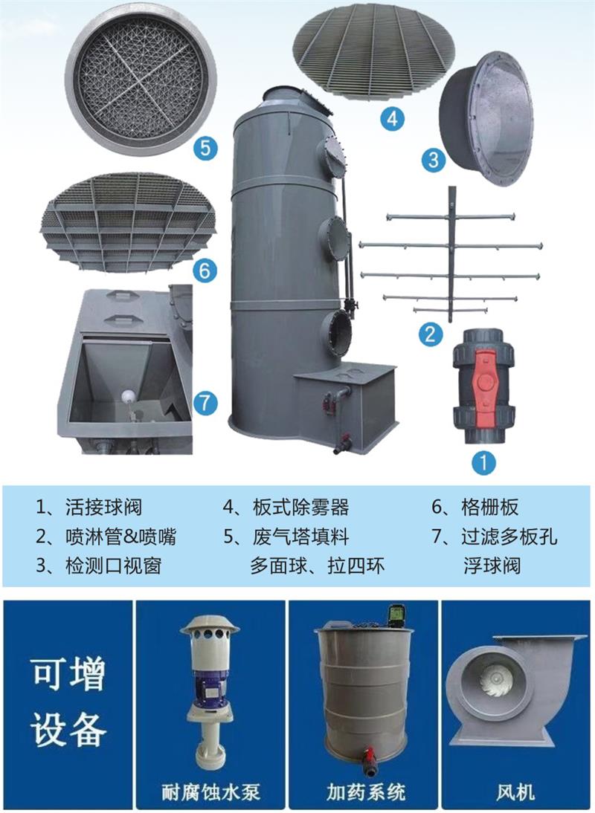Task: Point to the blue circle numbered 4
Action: point(392,117)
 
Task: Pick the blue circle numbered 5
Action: point(205,148)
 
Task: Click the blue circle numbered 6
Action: point(205,271)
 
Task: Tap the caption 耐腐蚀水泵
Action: point(210,791)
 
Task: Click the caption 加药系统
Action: point(365,791)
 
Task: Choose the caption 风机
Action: point(518,791)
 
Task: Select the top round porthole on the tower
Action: point(332,154)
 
